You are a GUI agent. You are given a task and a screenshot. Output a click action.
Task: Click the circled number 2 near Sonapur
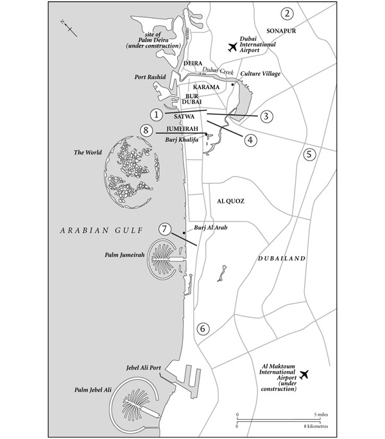point(287,13)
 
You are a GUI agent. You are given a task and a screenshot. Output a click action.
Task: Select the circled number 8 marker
point(147,131)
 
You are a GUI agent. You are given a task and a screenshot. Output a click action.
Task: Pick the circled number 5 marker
point(309,155)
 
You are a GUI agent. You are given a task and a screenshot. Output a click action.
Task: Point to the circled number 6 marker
point(203,329)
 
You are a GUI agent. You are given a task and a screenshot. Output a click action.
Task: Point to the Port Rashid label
point(151,77)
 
